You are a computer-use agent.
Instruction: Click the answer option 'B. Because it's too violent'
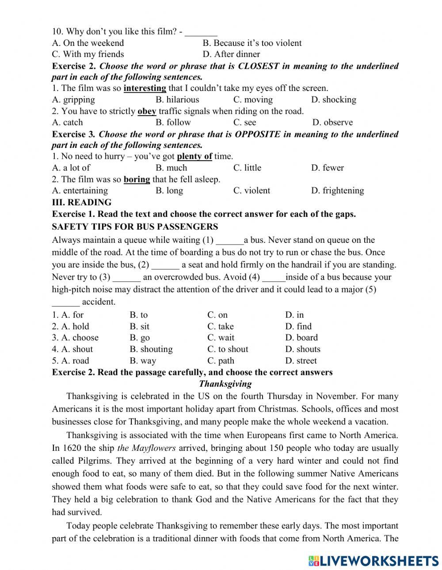coord(252,43)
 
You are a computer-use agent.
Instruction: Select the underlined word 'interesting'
coord(145,88)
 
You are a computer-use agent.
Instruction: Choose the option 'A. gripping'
coord(73,99)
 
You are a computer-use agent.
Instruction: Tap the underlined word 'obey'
coord(147,111)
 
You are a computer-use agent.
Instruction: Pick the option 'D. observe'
coord(332,122)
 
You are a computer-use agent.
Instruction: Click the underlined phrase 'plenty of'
coord(194,156)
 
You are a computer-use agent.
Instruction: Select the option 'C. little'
coord(247,168)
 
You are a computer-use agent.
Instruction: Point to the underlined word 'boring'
coord(137,179)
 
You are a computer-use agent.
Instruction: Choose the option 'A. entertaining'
coord(80,191)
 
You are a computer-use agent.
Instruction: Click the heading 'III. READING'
coord(82,202)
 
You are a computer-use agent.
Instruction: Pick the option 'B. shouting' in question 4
coord(151,349)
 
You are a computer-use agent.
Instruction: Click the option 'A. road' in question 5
coord(70,361)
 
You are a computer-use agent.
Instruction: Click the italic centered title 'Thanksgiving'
coord(225,384)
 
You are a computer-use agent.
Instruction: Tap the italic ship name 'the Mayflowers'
coord(146,448)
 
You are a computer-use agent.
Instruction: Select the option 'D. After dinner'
coord(231,54)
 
